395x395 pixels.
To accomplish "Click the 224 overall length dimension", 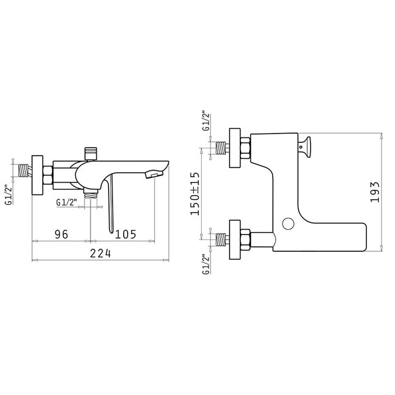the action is (x=100, y=254).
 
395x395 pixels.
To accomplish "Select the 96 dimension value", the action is (x=62, y=234).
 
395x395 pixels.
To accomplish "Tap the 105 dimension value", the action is (x=126, y=234).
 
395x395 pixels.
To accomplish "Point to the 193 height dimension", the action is (x=375, y=192).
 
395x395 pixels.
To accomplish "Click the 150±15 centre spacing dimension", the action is (x=195, y=194).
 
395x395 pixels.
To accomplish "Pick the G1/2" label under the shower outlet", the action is (x=66, y=203).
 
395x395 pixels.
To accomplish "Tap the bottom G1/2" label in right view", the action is (x=206, y=264).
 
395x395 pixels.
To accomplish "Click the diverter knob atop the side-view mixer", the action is (x=90, y=153).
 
